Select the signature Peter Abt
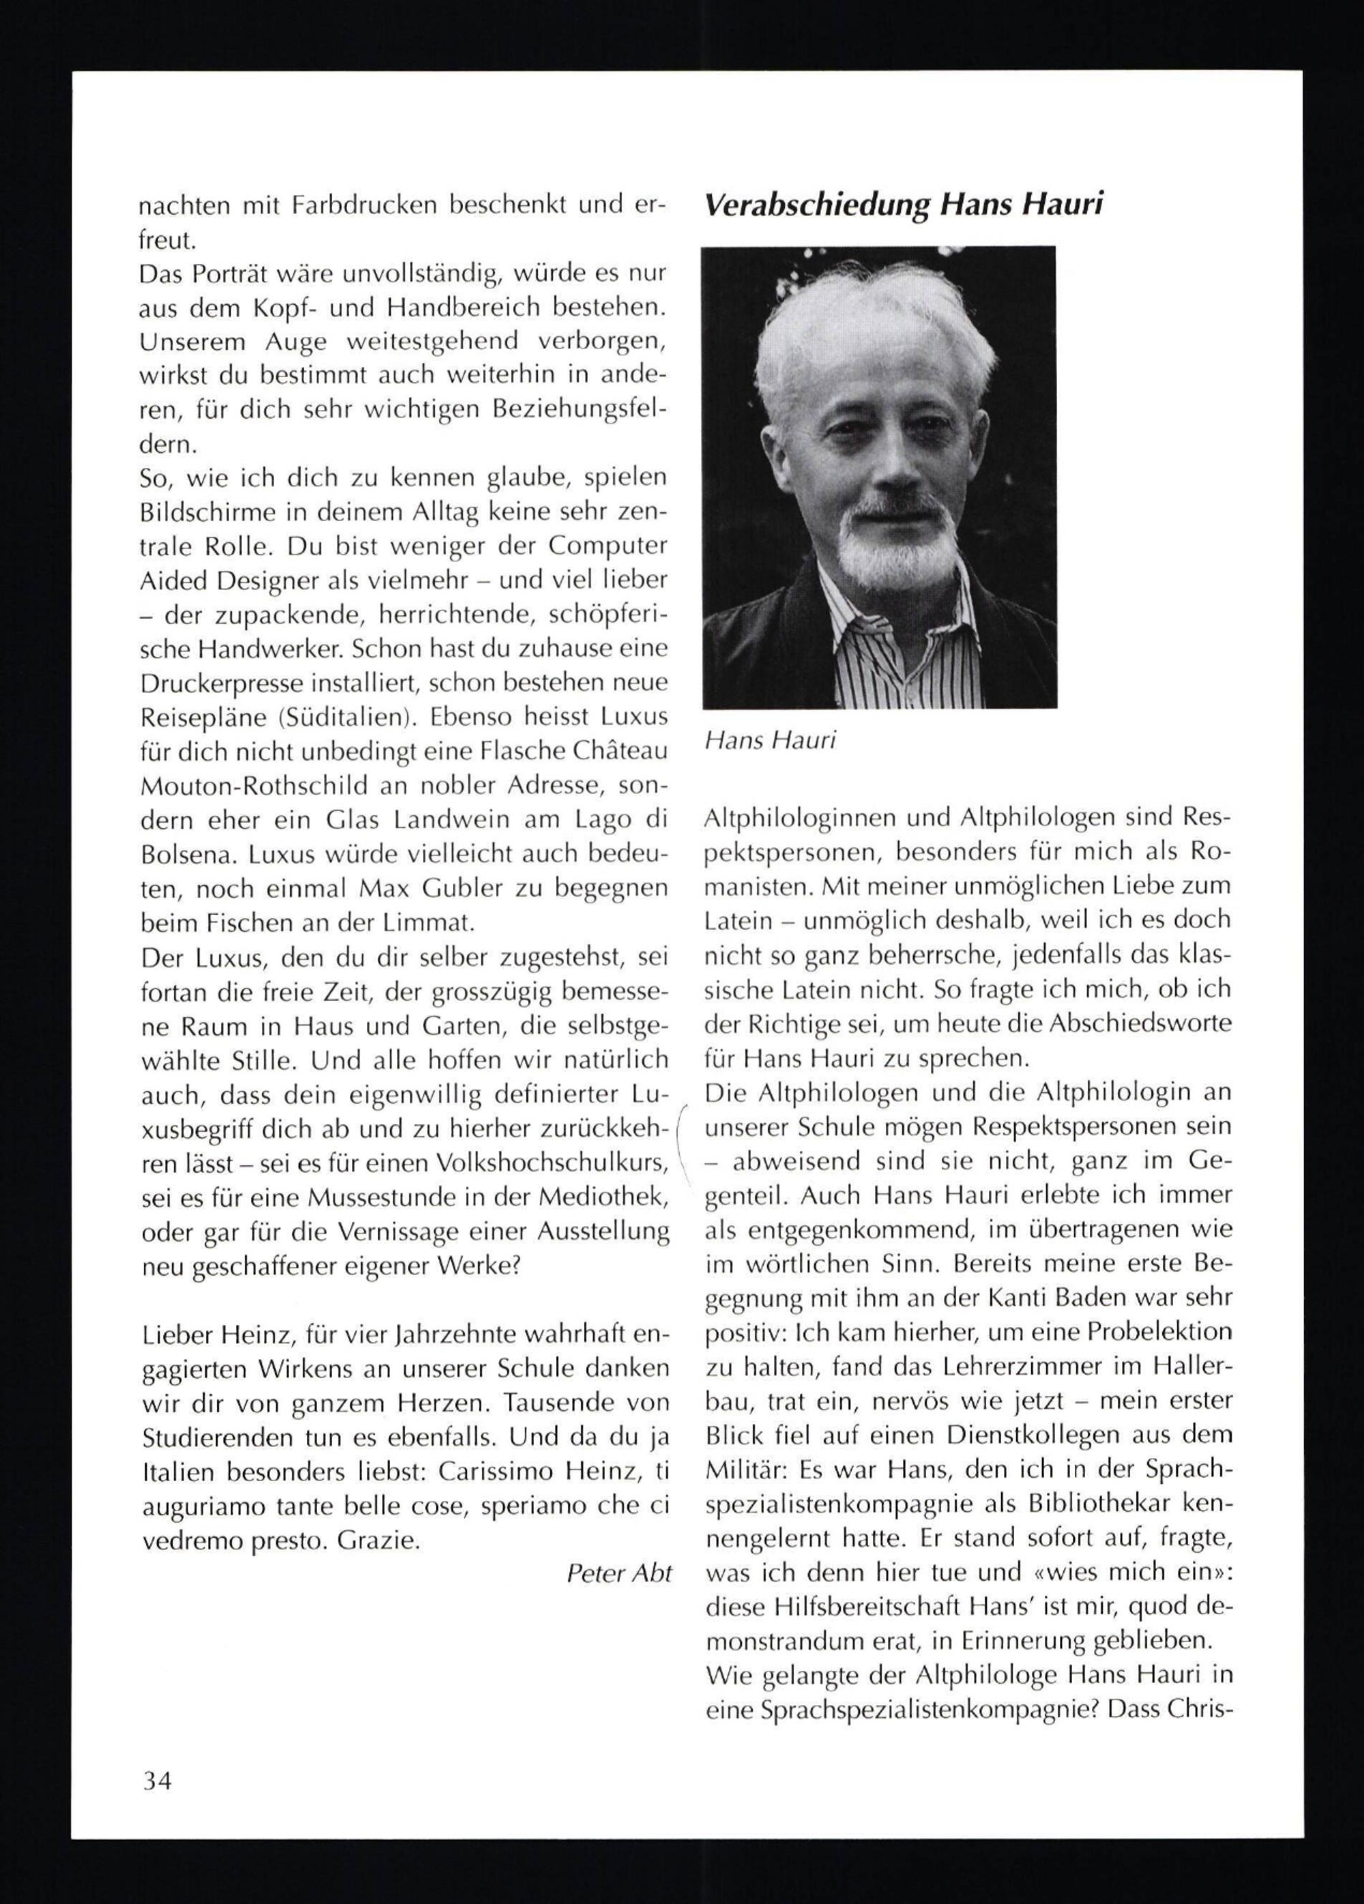point(619,1573)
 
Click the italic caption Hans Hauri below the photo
point(770,741)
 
